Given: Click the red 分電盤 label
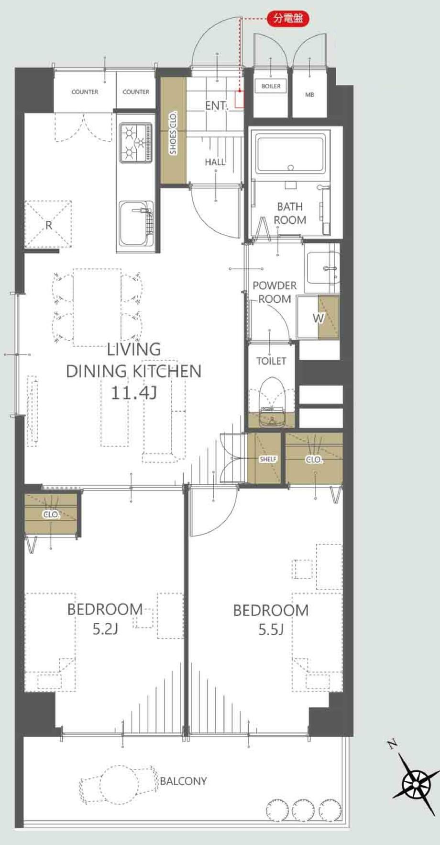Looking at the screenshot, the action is (x=287, y=19).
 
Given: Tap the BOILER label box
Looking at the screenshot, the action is (x=271, y=86).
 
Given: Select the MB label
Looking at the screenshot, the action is (x=309, y=95).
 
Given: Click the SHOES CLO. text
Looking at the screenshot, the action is (x=173, y=133).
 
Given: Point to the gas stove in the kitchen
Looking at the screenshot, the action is (x=136, y=142).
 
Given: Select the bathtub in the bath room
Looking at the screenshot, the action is (x=290, y=154).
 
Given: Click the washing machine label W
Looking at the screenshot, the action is (x=318, y=318).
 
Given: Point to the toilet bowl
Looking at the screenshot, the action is (x=271, y=401).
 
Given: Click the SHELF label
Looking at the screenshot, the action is (x=268, y=459).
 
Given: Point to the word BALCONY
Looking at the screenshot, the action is (x=183, y=781).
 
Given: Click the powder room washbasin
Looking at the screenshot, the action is (x=322, y=268).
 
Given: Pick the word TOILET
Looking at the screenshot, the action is (x=271, y=361).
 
